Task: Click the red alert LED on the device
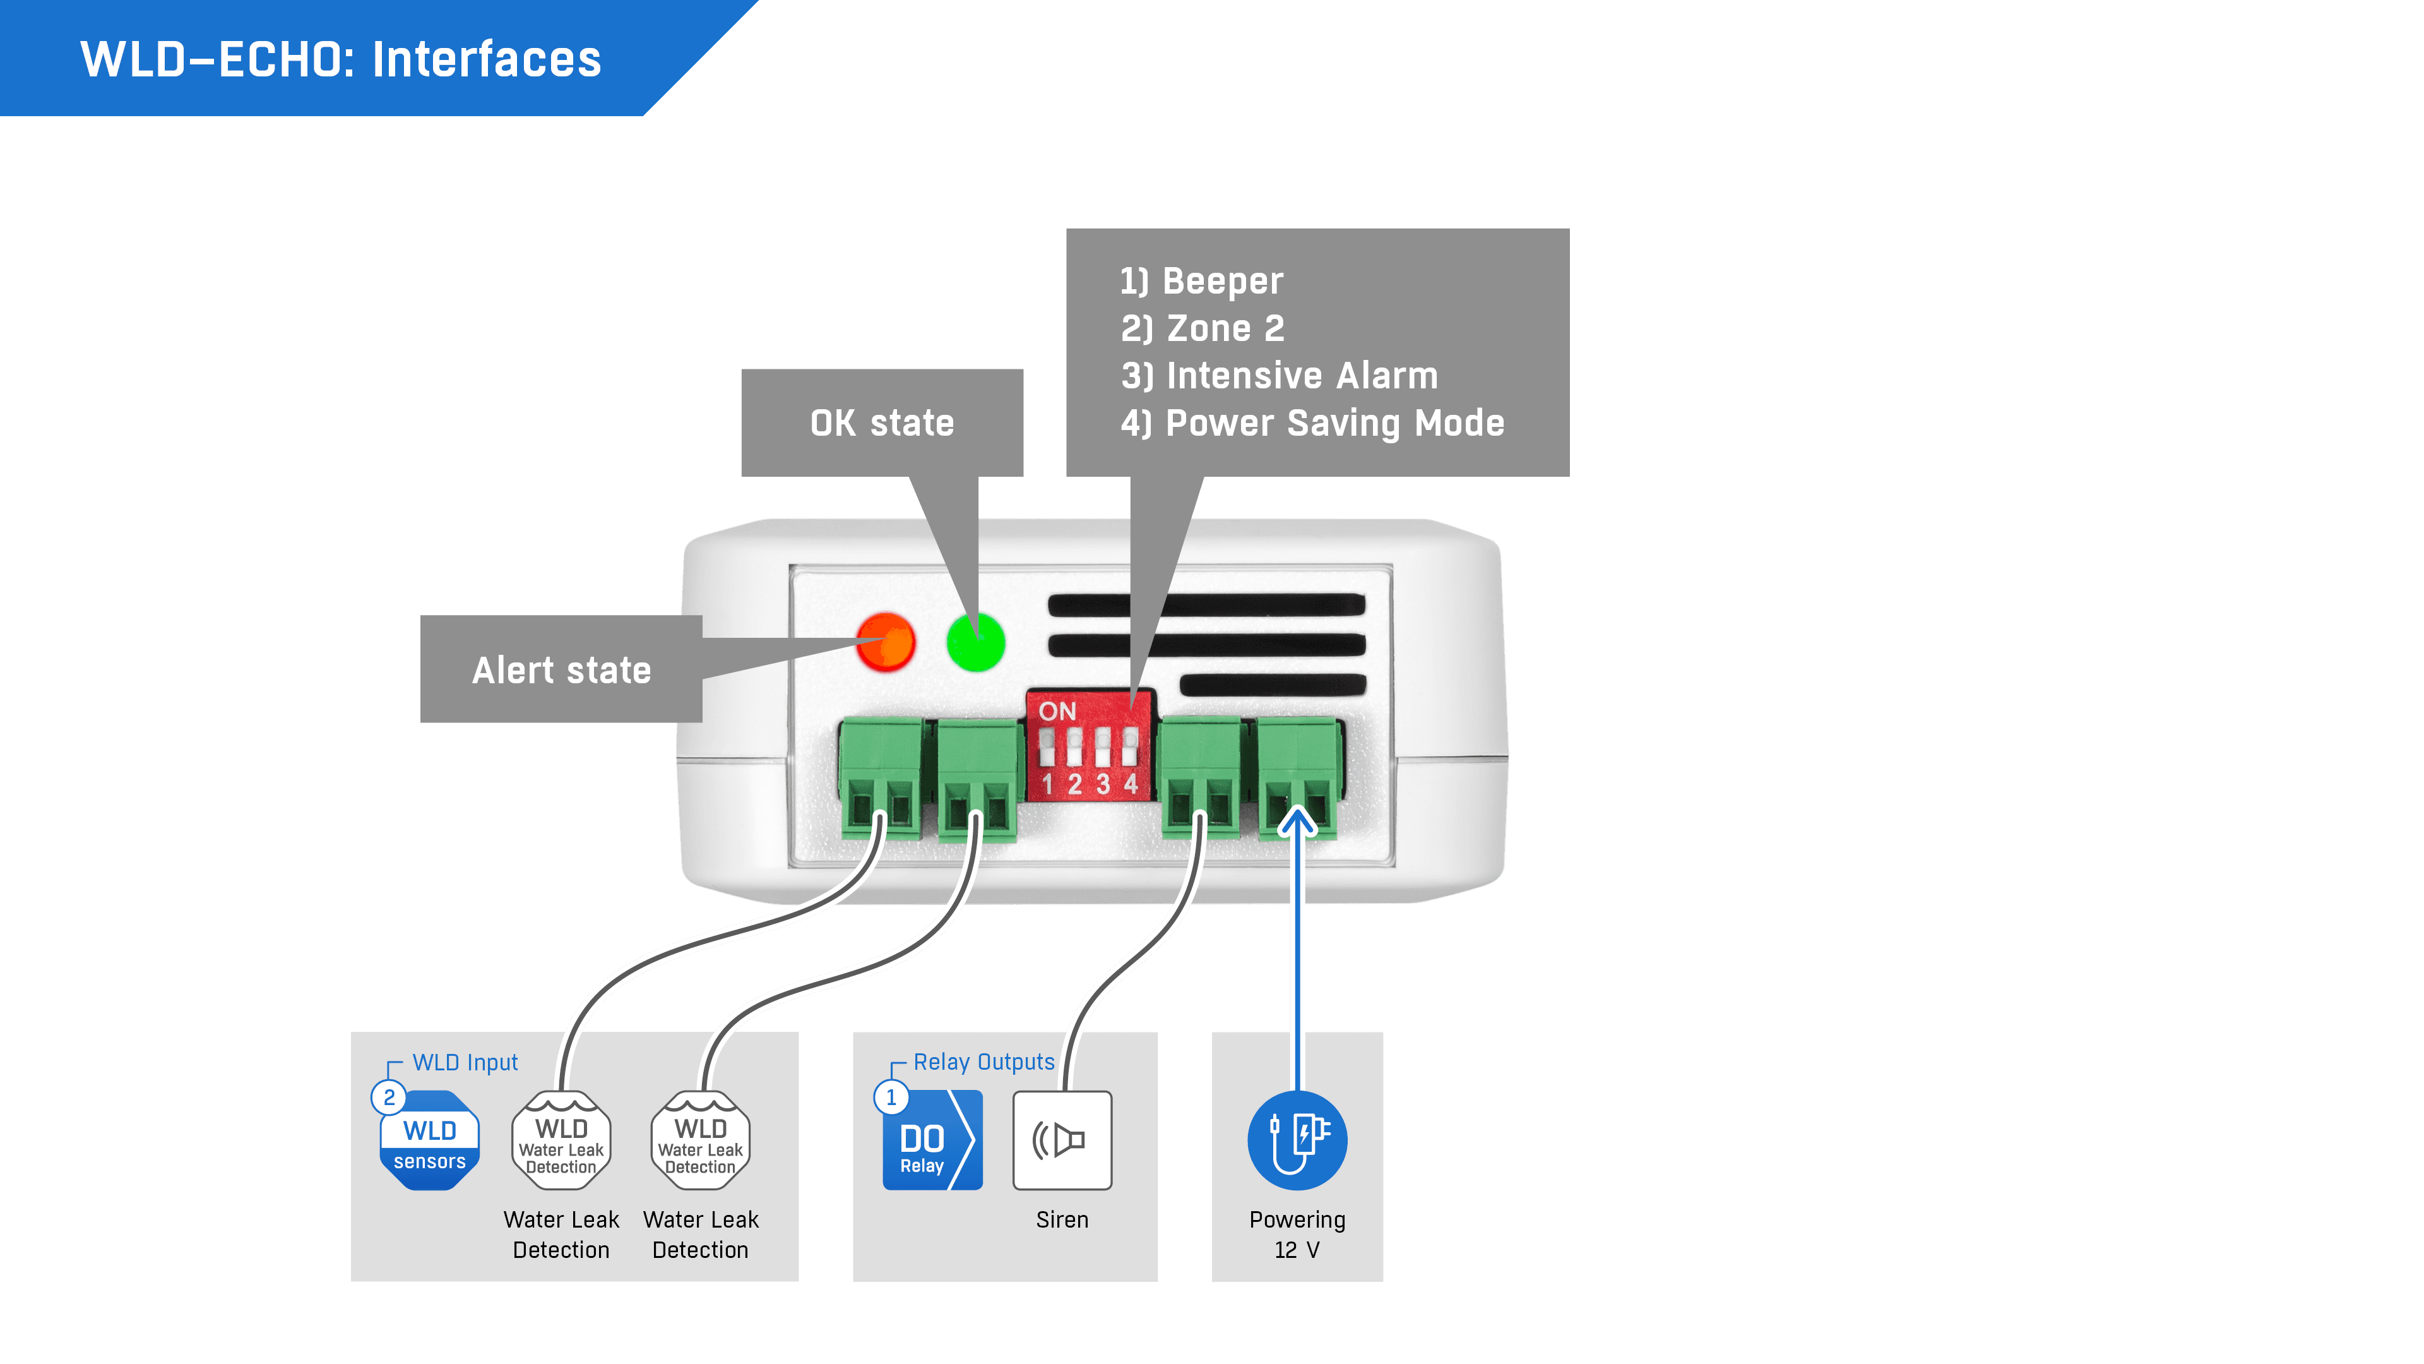click(886, 642)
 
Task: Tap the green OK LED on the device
click(976, 642)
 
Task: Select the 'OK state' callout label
click(882, 422)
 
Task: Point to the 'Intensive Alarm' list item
click(1302, 376)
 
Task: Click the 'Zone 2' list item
click(1225, 328)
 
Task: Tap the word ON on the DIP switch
click(1057, 712)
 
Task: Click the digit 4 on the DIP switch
click(1131, 783)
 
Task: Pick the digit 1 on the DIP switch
click(1047, 783)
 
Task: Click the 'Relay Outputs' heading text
click(983, 1062)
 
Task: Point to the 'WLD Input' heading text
click(465, 1063)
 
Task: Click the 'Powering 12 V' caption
click(1297, 1234)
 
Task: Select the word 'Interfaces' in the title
click(487, 59)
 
